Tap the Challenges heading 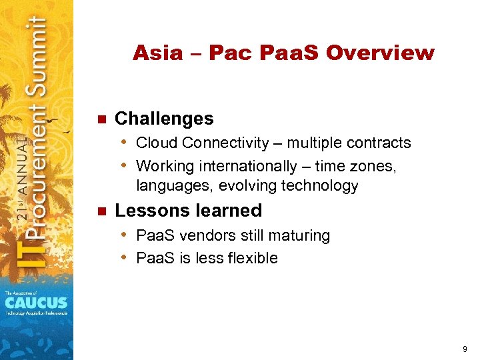point(164,119)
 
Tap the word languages point(167,186)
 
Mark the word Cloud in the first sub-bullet point(157,143)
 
